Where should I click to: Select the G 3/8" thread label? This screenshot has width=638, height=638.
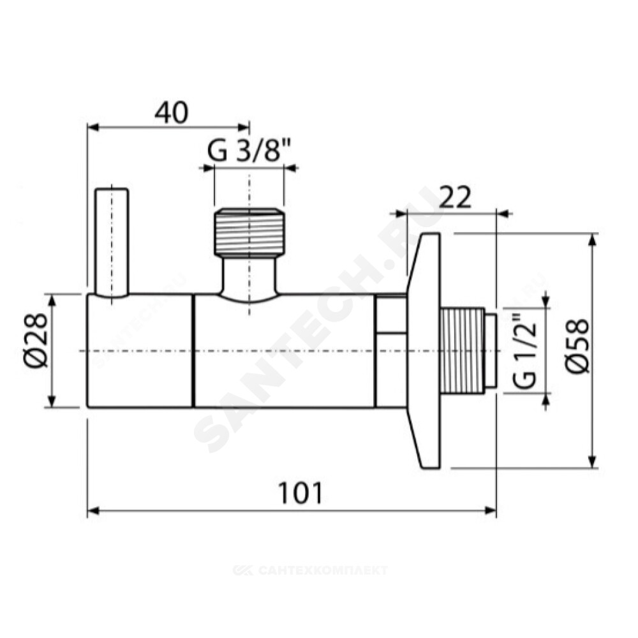point(249,151)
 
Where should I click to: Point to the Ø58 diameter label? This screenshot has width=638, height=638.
point(577,345)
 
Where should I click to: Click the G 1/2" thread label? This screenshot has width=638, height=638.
point(524,351)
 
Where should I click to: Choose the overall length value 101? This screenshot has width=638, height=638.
point(300,493)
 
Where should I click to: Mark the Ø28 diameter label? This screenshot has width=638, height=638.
point(36,340)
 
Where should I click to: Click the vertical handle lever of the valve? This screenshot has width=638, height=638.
point(112,242)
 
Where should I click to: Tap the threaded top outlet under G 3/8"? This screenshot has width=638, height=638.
point(249,232)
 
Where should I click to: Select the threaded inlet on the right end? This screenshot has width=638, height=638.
point(468,351)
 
